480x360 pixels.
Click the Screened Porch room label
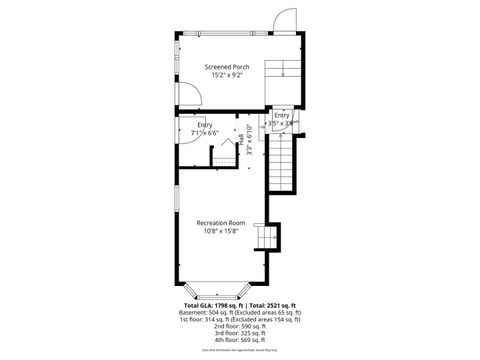pos(226,66)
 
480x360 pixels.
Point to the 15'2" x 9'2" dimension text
pos(226,76)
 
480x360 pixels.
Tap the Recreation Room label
pos(221,222)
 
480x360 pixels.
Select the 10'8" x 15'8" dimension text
pos(221,232)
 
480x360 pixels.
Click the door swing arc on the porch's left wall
pos(188,95)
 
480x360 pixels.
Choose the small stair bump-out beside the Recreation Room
pos(266,238)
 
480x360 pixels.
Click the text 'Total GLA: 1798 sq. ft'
pos(213,305)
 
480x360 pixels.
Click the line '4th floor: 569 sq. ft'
pos(240,340)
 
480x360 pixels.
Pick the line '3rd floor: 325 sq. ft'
pos(240,333)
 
